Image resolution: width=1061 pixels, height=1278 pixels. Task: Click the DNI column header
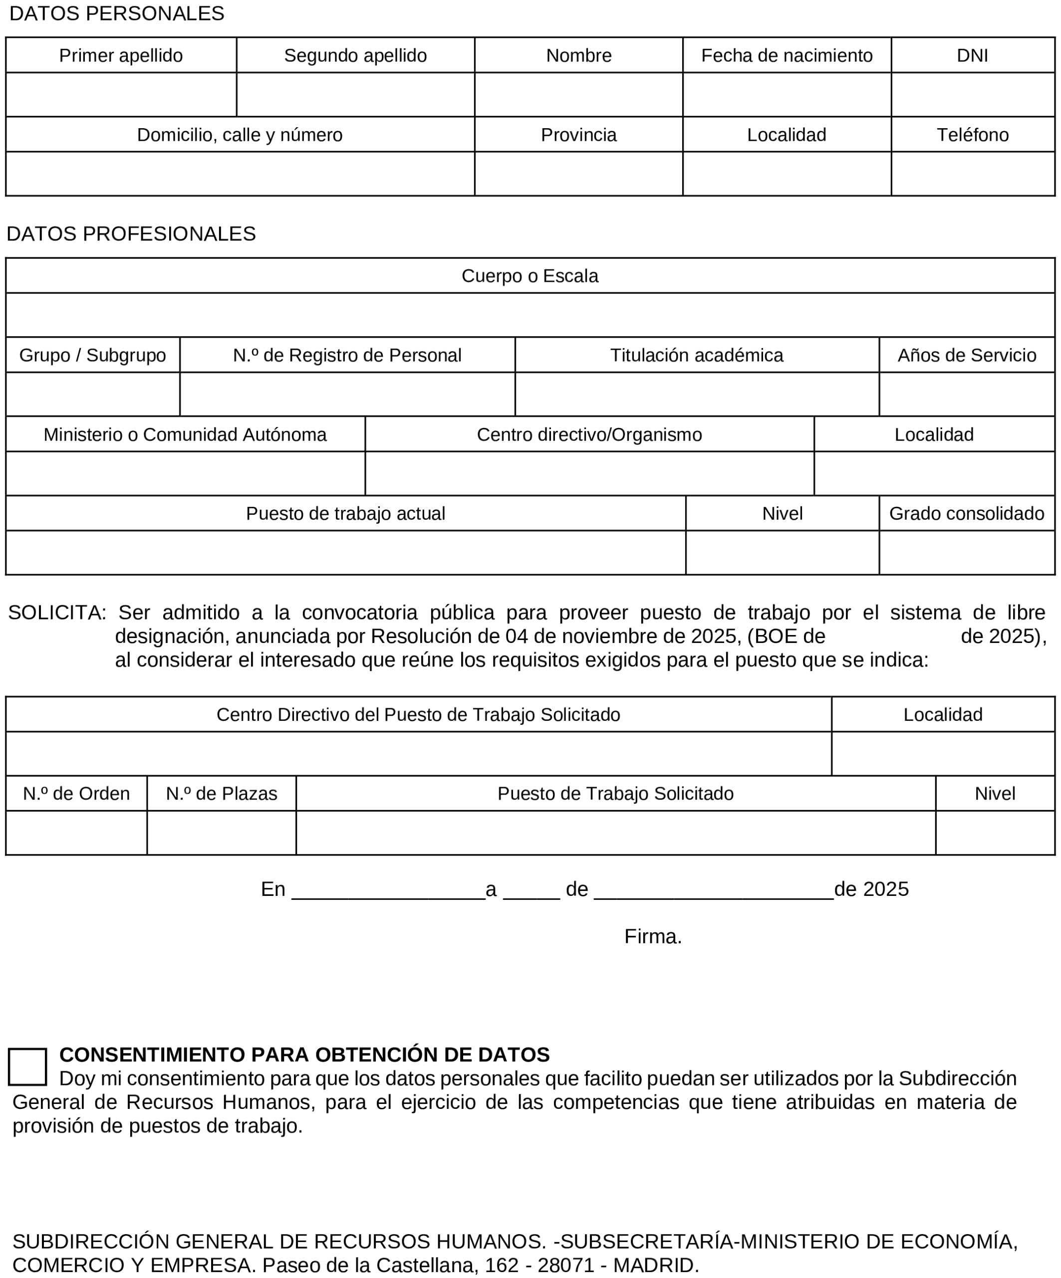[972, 55]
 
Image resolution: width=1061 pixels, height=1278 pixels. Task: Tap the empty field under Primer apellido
[121, 95]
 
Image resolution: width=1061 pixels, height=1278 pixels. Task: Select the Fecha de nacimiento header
[787, 55]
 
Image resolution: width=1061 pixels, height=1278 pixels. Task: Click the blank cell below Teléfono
[972, 174]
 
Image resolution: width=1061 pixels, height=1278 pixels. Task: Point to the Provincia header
[578, 135]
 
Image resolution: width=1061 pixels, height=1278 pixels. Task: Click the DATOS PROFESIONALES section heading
[131, 233]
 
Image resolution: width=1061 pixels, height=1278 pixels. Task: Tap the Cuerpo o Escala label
[530, 276]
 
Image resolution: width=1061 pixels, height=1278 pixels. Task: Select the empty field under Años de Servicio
[966, 395]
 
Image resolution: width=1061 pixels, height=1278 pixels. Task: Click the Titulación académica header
[696, 355]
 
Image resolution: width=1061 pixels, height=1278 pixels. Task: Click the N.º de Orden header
[76, 794]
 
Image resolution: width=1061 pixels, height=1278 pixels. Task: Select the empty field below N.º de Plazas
[221, 833]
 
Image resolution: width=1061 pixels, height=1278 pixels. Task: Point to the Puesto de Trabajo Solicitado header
[615, 794]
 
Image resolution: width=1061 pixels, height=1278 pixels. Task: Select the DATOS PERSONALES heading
[117, 13]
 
